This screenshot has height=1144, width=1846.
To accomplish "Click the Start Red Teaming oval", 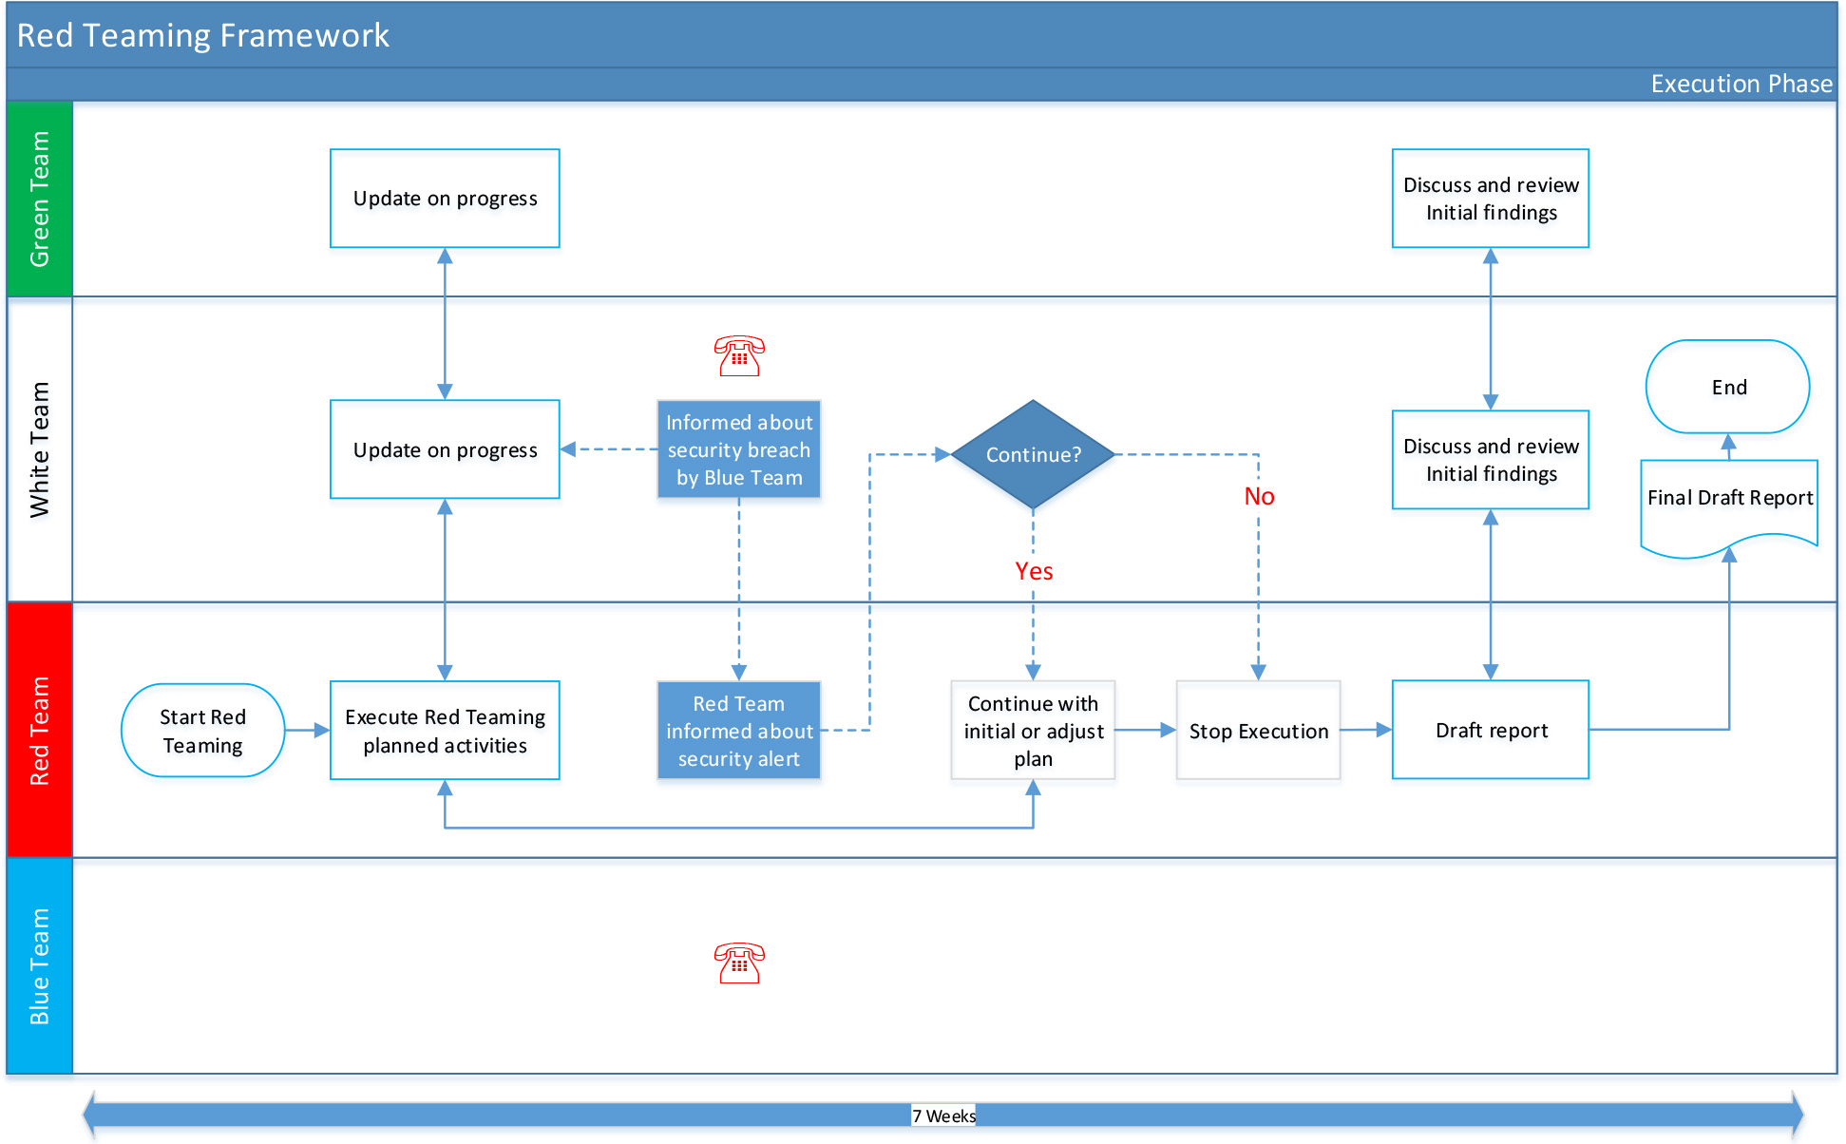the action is [x=202, y=731].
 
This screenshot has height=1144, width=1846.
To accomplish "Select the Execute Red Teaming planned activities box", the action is [x=445, y=731].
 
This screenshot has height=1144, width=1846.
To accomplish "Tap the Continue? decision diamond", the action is [x=1033, y=454].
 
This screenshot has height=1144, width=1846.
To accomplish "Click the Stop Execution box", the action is [x=1258, y=731].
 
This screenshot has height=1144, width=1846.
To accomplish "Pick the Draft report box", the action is [x=1491, y=730].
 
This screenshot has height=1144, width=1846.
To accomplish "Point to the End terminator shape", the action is [x=1728, y=387].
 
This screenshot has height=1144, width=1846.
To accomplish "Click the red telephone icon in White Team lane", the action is [x=739, y=356].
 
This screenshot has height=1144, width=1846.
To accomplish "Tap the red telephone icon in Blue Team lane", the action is [x=739, y=963].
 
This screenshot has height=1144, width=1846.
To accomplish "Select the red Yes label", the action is [x=1034, y=571].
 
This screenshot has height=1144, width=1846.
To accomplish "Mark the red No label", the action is [x=1259, y=496].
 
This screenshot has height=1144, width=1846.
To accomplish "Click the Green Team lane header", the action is [x=40, y=199].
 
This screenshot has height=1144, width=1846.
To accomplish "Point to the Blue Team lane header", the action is [x=40, y=966].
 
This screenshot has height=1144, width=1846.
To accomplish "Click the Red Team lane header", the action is [x=40, y=731].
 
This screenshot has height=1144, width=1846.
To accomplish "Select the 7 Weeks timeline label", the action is [x=943, y=1115].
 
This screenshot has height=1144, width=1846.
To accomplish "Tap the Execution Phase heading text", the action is [x=1741, y=84].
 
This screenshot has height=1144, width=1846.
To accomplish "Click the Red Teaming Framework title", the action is [x=203, y=35].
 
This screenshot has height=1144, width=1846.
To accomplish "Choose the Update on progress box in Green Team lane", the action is [x=445, y=199].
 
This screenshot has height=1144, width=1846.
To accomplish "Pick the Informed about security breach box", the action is [x=739, y=449].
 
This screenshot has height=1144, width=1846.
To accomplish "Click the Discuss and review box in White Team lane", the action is [x=1491, y=460].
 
